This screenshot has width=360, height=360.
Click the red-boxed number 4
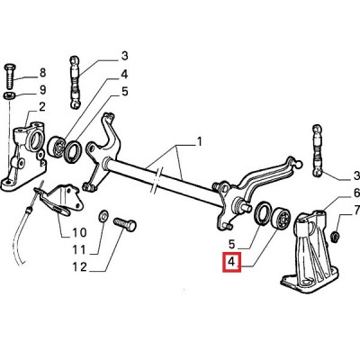point(231,262)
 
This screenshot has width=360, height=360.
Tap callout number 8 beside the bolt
point(42,73)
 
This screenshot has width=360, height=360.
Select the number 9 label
point(42,90)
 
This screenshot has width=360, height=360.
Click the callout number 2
point(42,107)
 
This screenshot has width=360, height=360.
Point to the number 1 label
point(199,141)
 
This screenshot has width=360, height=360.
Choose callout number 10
point(79,232)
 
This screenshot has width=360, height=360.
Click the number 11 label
point(79,249)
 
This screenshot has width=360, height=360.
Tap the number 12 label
point(79,266)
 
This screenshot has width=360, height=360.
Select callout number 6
point(356,193)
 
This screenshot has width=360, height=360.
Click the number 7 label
point(356,210)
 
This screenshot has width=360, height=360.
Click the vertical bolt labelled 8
point(9,76)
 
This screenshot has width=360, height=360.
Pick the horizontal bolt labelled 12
point(125,224)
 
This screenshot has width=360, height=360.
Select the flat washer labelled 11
point(103,216)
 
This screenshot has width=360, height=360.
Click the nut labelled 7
point(334,237)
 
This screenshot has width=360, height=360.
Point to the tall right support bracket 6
point(310,253)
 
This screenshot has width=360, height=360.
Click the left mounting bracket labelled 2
point(24,156)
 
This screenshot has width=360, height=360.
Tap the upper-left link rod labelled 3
point(75,83)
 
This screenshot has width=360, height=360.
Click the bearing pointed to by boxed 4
point(281,219)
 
